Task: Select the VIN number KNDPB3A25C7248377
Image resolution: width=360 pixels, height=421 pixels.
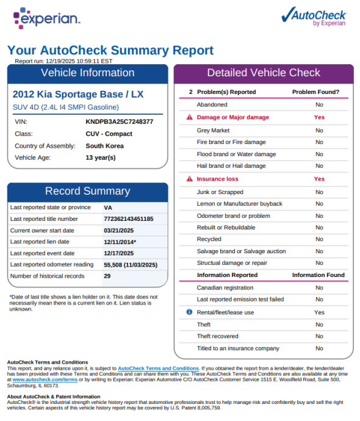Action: (119, 121)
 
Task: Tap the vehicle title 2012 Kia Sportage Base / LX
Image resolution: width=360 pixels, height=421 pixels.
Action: (78, 95)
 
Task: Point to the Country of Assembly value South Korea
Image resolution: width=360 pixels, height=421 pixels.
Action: (104, 146)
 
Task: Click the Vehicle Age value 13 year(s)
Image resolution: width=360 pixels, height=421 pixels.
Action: (101, 157)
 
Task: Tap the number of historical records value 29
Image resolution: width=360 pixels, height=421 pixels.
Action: (107, 276)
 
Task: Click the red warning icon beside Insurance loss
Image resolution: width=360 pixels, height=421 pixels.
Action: (189, 179)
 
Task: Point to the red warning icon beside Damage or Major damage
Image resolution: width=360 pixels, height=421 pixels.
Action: (189, 117)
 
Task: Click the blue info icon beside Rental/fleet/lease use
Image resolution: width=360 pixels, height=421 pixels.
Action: (189, 312)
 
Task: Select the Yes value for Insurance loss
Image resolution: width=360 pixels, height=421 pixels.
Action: (319, 179)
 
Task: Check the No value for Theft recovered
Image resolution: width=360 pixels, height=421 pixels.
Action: (319, 336)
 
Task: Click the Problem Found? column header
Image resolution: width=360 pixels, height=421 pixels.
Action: (315, 92)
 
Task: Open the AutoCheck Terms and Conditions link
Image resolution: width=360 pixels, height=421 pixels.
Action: (158, 369)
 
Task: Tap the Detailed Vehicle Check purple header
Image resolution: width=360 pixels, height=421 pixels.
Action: (263, 73)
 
